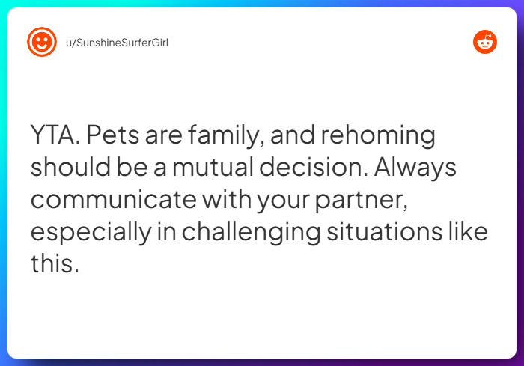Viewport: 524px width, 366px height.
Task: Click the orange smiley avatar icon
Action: pos(42,42)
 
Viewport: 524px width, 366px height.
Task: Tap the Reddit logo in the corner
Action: pos(485,43)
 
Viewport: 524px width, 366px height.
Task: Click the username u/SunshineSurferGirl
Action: pos(117,43)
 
